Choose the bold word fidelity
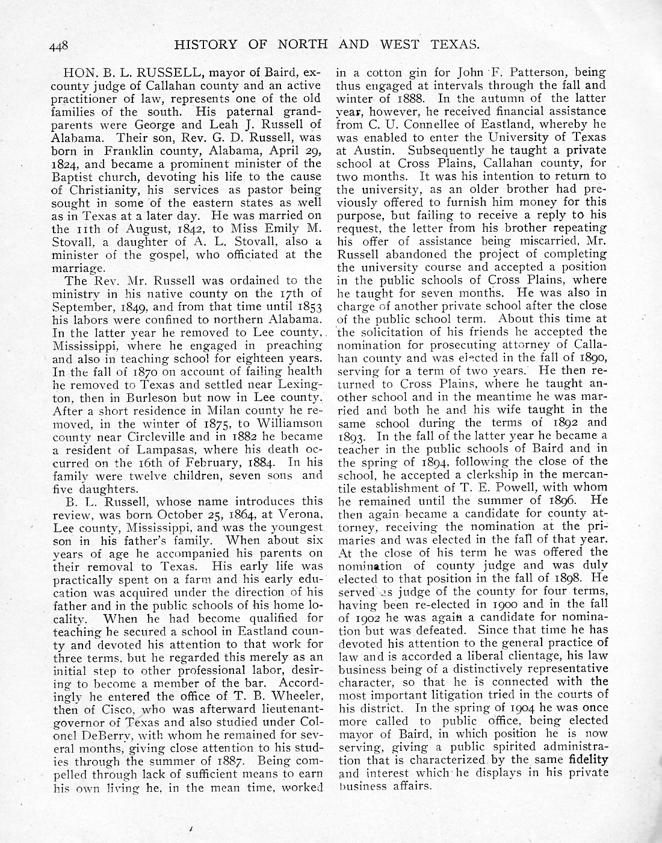coord(586,761)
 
